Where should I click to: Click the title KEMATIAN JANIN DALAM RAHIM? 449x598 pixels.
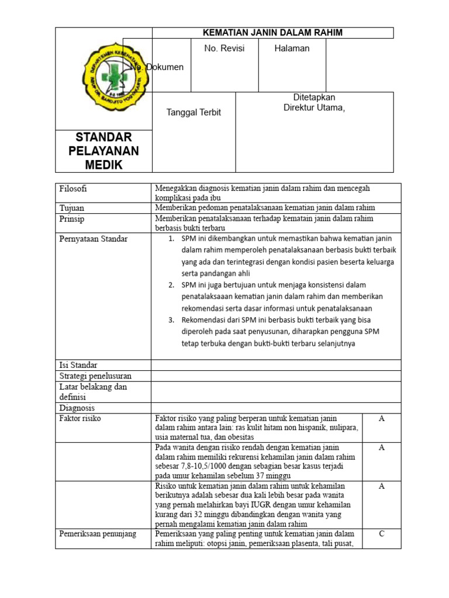click(272, 33)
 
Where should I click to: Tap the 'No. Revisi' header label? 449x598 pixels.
click(224, 48)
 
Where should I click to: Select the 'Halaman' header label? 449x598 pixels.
click(292, 48)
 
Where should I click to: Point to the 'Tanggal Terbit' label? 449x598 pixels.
click(194, 112)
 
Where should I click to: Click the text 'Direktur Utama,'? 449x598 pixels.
click(314, 107)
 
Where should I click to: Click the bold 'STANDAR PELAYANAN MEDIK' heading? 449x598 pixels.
click(103, 151)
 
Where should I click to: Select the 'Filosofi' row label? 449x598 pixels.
click(73, 189)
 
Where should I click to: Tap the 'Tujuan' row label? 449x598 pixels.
click(72, 208)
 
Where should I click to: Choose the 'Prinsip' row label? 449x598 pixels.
click(72, 219)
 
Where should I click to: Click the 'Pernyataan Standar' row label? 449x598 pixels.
click(94, 238)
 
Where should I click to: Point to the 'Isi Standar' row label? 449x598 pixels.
click(78, 365)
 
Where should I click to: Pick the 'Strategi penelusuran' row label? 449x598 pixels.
click(95, 376)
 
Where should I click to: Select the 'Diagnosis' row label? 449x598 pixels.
click(77, 408)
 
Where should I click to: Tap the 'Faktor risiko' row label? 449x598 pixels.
click(81, 419)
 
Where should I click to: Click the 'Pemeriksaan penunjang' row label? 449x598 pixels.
click(98, 534)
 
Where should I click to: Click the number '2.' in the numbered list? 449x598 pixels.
click(171, 285)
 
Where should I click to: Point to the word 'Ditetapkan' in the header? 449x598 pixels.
click(314, 97)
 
